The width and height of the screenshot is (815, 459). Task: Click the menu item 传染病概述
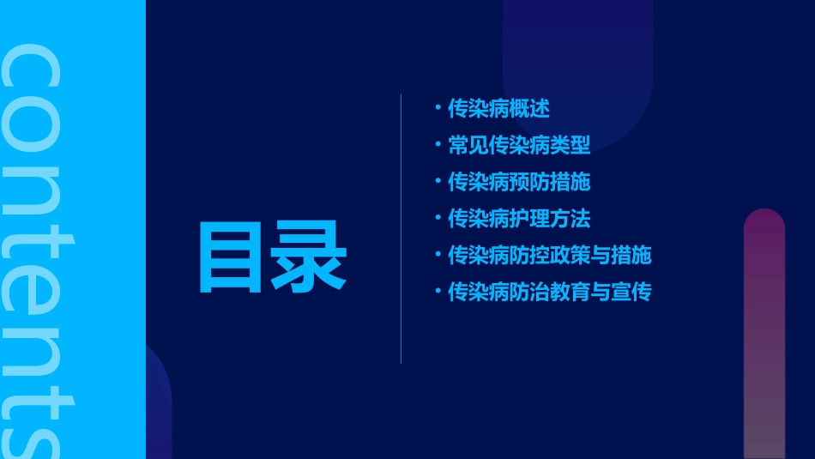[x=498, y=109]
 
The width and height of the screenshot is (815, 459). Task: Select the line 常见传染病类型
[x=519, y=145]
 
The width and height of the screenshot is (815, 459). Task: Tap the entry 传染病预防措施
[x=519, y=182]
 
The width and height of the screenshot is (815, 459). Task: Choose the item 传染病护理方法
[x=519, y=219]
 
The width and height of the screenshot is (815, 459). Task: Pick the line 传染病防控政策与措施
[x=550, y=256]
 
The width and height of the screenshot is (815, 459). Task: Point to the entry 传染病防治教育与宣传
[x=550, y=293]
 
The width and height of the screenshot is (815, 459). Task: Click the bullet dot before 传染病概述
[x=438, y=108]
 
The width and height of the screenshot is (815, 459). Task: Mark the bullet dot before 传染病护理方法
[x=438, y=218]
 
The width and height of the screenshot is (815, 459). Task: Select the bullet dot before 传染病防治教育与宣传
[x=438, y=292]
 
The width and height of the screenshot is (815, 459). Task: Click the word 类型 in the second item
[x=570, y=145]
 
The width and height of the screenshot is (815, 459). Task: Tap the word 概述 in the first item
[x=529, y=109]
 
